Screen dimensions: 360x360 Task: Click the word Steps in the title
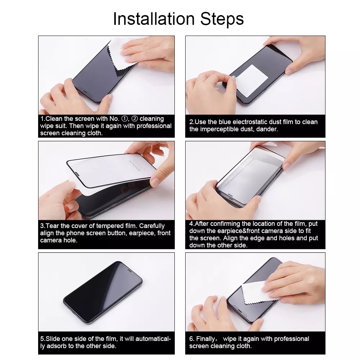coord(224,19)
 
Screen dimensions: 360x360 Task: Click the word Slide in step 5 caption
coord(54,339)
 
